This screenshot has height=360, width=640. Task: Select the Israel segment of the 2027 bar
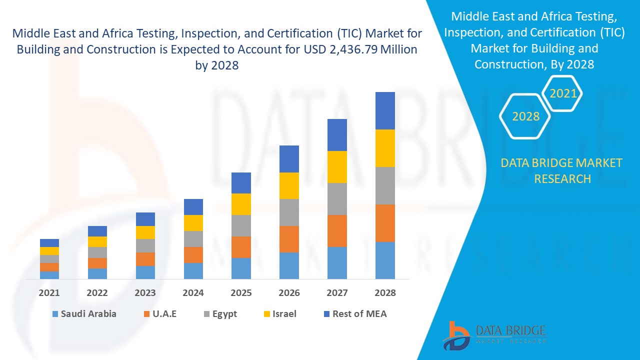(337, 166)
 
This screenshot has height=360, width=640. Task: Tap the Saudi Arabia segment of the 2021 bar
(49, 274)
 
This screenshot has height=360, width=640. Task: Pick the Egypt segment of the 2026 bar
(289, 212)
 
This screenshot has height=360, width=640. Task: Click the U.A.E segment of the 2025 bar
(241, 247)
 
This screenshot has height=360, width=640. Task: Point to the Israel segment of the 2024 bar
(193, 222)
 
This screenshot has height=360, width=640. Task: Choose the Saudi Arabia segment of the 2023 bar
(145, 272)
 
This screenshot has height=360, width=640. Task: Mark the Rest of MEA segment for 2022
(97, 231)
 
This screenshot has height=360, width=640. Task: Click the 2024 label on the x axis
(193, 293)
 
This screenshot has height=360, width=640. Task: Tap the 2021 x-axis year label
(49, 293)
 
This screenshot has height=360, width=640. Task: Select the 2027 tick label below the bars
(337, 293)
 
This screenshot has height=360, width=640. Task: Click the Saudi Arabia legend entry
(84, 314)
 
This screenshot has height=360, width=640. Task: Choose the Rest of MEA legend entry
(355, 314)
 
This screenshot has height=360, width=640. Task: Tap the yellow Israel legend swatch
(267, 314)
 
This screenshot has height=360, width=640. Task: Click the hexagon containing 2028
(525, 116)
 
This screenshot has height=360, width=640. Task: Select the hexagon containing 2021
(563, 93)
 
